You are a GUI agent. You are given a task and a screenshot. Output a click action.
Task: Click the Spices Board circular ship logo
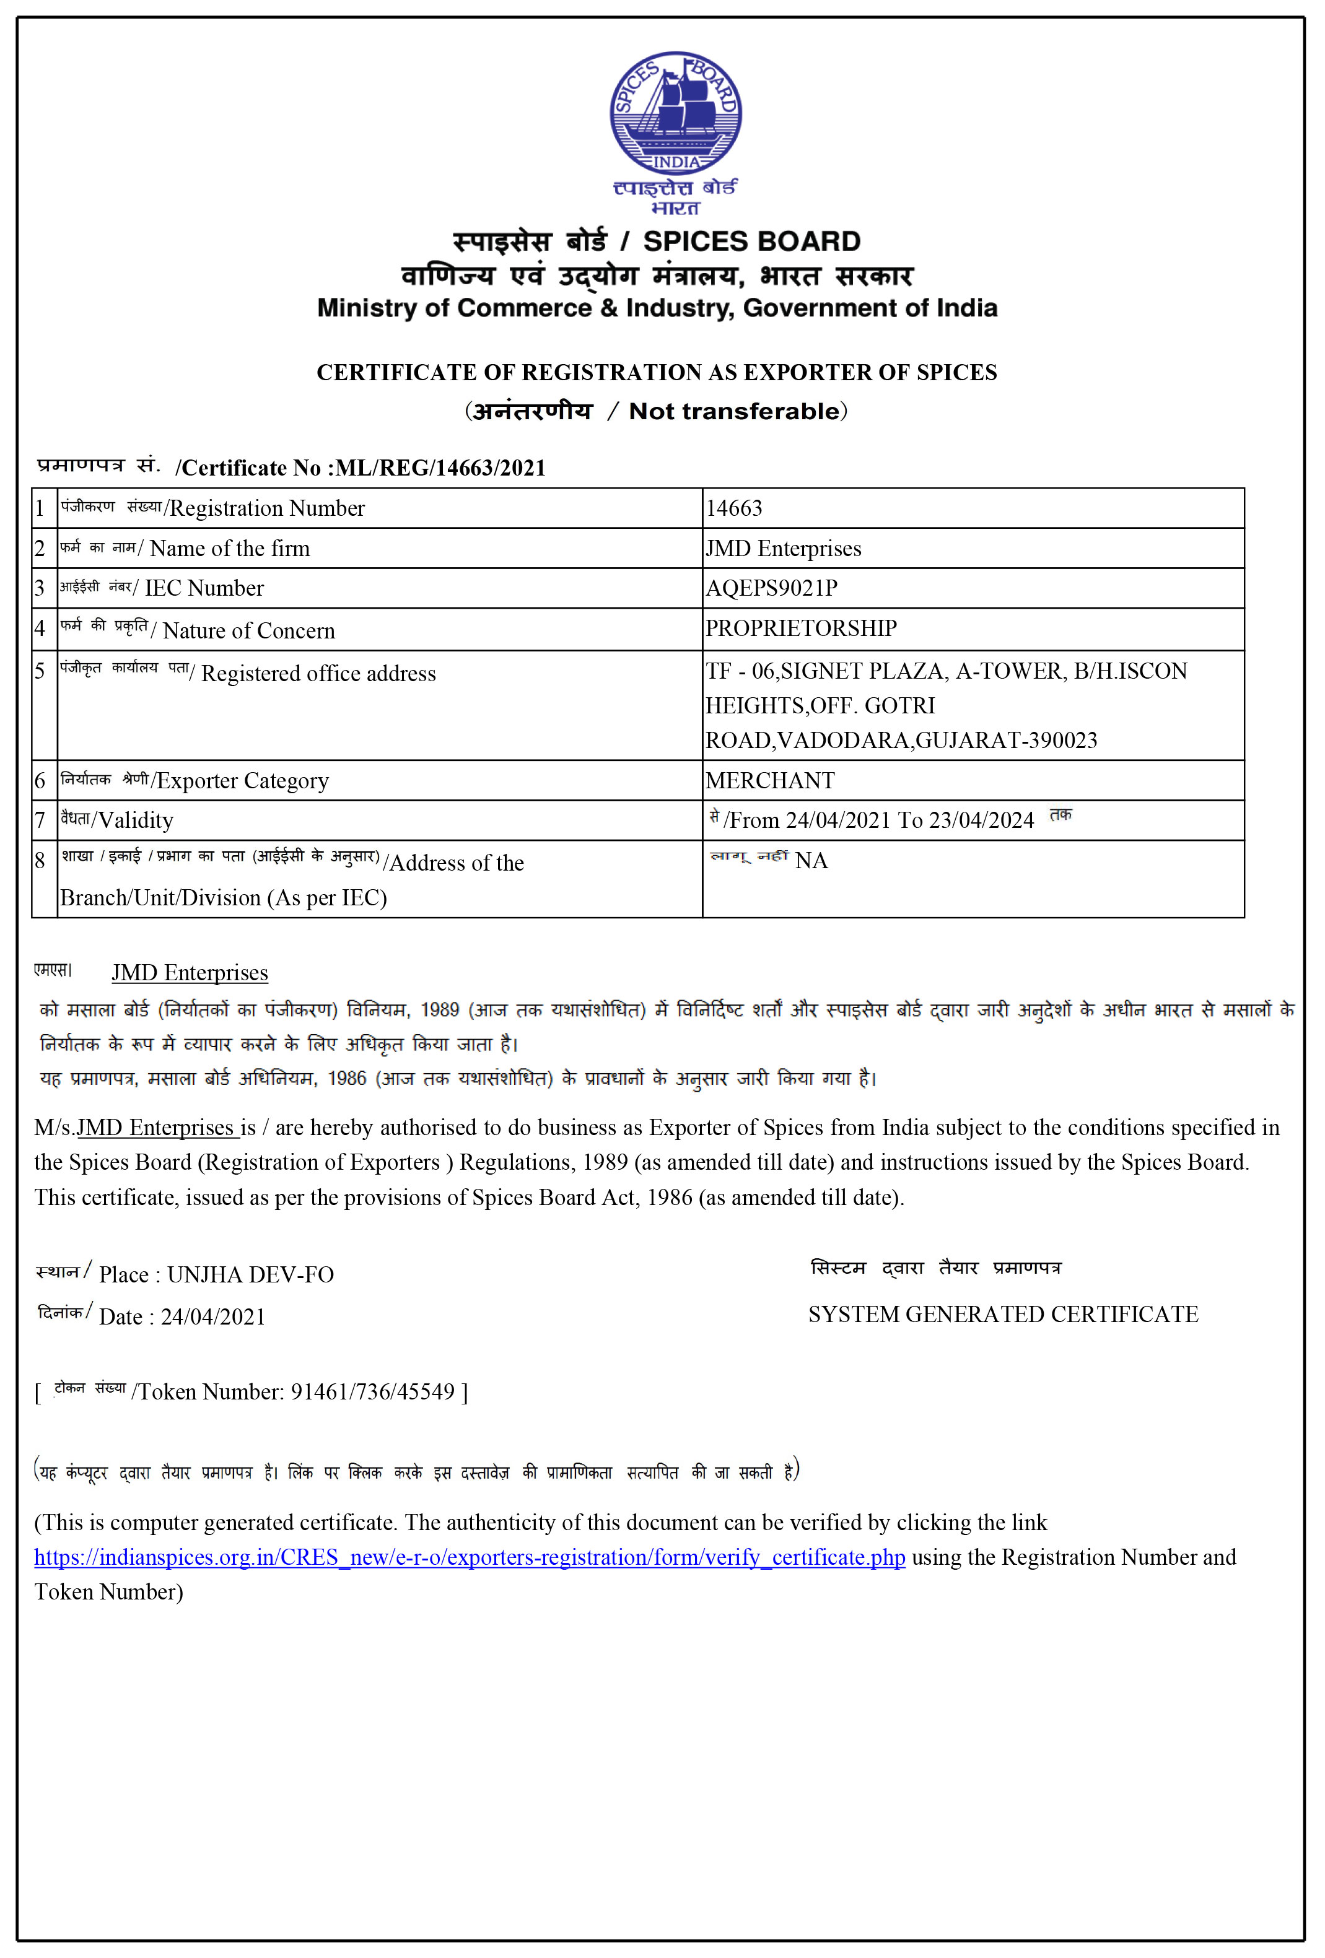[675, 113]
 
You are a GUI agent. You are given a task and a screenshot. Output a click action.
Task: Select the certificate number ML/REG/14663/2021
[440, 468]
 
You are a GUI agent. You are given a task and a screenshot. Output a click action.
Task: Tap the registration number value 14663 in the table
[733, 508]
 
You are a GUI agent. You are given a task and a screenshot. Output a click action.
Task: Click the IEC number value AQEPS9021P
[771, 588]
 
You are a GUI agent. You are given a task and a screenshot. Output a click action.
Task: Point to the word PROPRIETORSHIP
[801, 629]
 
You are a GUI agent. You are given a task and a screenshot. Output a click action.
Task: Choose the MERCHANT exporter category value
[769, 781]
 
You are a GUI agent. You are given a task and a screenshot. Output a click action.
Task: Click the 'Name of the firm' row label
[229, 549]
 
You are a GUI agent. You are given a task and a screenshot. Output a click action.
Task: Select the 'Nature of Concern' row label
[248, 631]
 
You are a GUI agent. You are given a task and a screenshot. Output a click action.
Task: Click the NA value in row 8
[811, 861]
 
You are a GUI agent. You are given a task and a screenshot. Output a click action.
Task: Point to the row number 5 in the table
[40, 671]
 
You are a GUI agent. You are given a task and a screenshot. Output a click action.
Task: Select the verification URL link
[470, 1557]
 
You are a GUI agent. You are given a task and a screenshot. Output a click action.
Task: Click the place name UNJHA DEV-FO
[250, 1275]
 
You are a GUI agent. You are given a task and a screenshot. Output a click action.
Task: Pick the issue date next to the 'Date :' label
[213, 1317]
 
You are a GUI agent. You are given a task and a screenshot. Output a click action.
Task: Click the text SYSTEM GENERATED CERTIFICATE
[1003, 1315]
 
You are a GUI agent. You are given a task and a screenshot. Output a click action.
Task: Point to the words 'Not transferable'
[734, 411]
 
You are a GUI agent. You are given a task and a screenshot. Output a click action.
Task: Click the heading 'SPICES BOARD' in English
[752, 241]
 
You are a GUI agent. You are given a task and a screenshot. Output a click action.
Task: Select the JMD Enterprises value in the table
[783, 549]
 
